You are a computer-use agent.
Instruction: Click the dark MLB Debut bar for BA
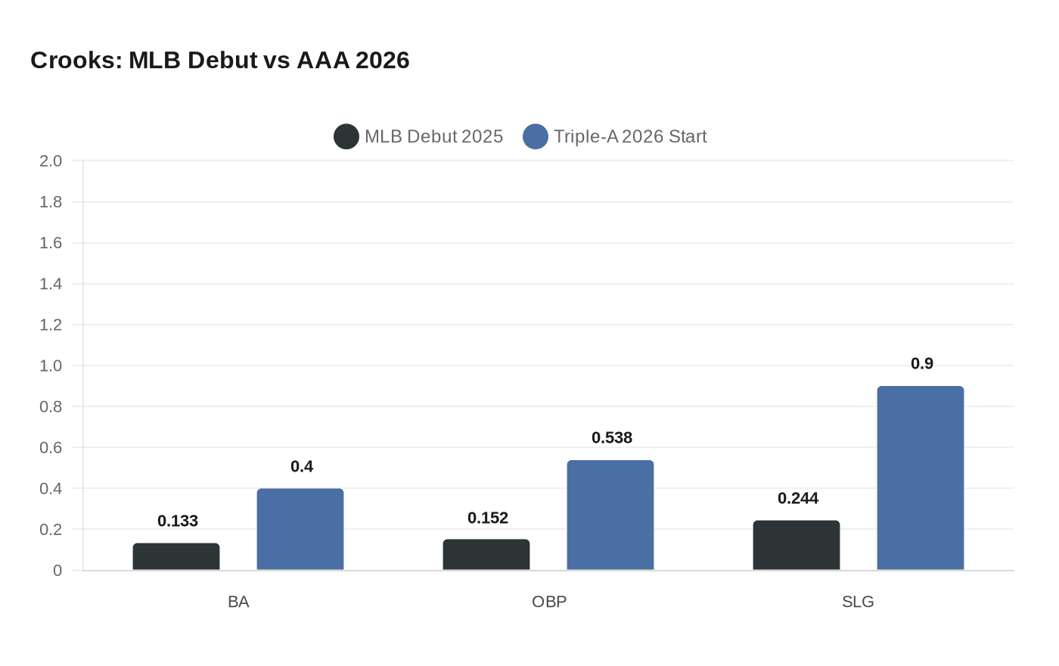[x=176, y=557]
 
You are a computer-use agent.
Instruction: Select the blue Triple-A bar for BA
[x=300, y=530]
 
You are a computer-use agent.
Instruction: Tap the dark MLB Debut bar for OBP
[x=486, y=555]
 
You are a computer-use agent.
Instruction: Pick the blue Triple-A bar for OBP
[x=610, y=515]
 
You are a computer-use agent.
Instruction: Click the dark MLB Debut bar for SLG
[x=797, y=546]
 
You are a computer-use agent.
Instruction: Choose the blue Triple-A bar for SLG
[x=921, y=478]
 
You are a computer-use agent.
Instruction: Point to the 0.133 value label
[x=178, y=521]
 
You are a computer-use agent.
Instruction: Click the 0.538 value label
[x=612, y=437]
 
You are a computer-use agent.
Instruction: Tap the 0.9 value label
[x=922, y=363]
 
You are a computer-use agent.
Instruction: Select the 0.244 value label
[x=798, y=498]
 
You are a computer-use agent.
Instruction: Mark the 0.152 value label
[x=488, y=518]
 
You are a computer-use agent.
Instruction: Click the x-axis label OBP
[x=549, y=602]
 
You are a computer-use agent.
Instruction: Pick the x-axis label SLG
[x=858, y=602]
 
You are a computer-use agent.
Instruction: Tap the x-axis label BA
[x=238, y=602]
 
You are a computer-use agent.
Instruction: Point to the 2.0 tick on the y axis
[x=51, y=161]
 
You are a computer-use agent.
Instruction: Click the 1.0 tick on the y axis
[x=51, y=366]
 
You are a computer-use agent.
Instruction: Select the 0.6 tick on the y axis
[x=51, y=447]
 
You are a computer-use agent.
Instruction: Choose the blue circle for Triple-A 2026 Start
[x=536, y=136]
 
